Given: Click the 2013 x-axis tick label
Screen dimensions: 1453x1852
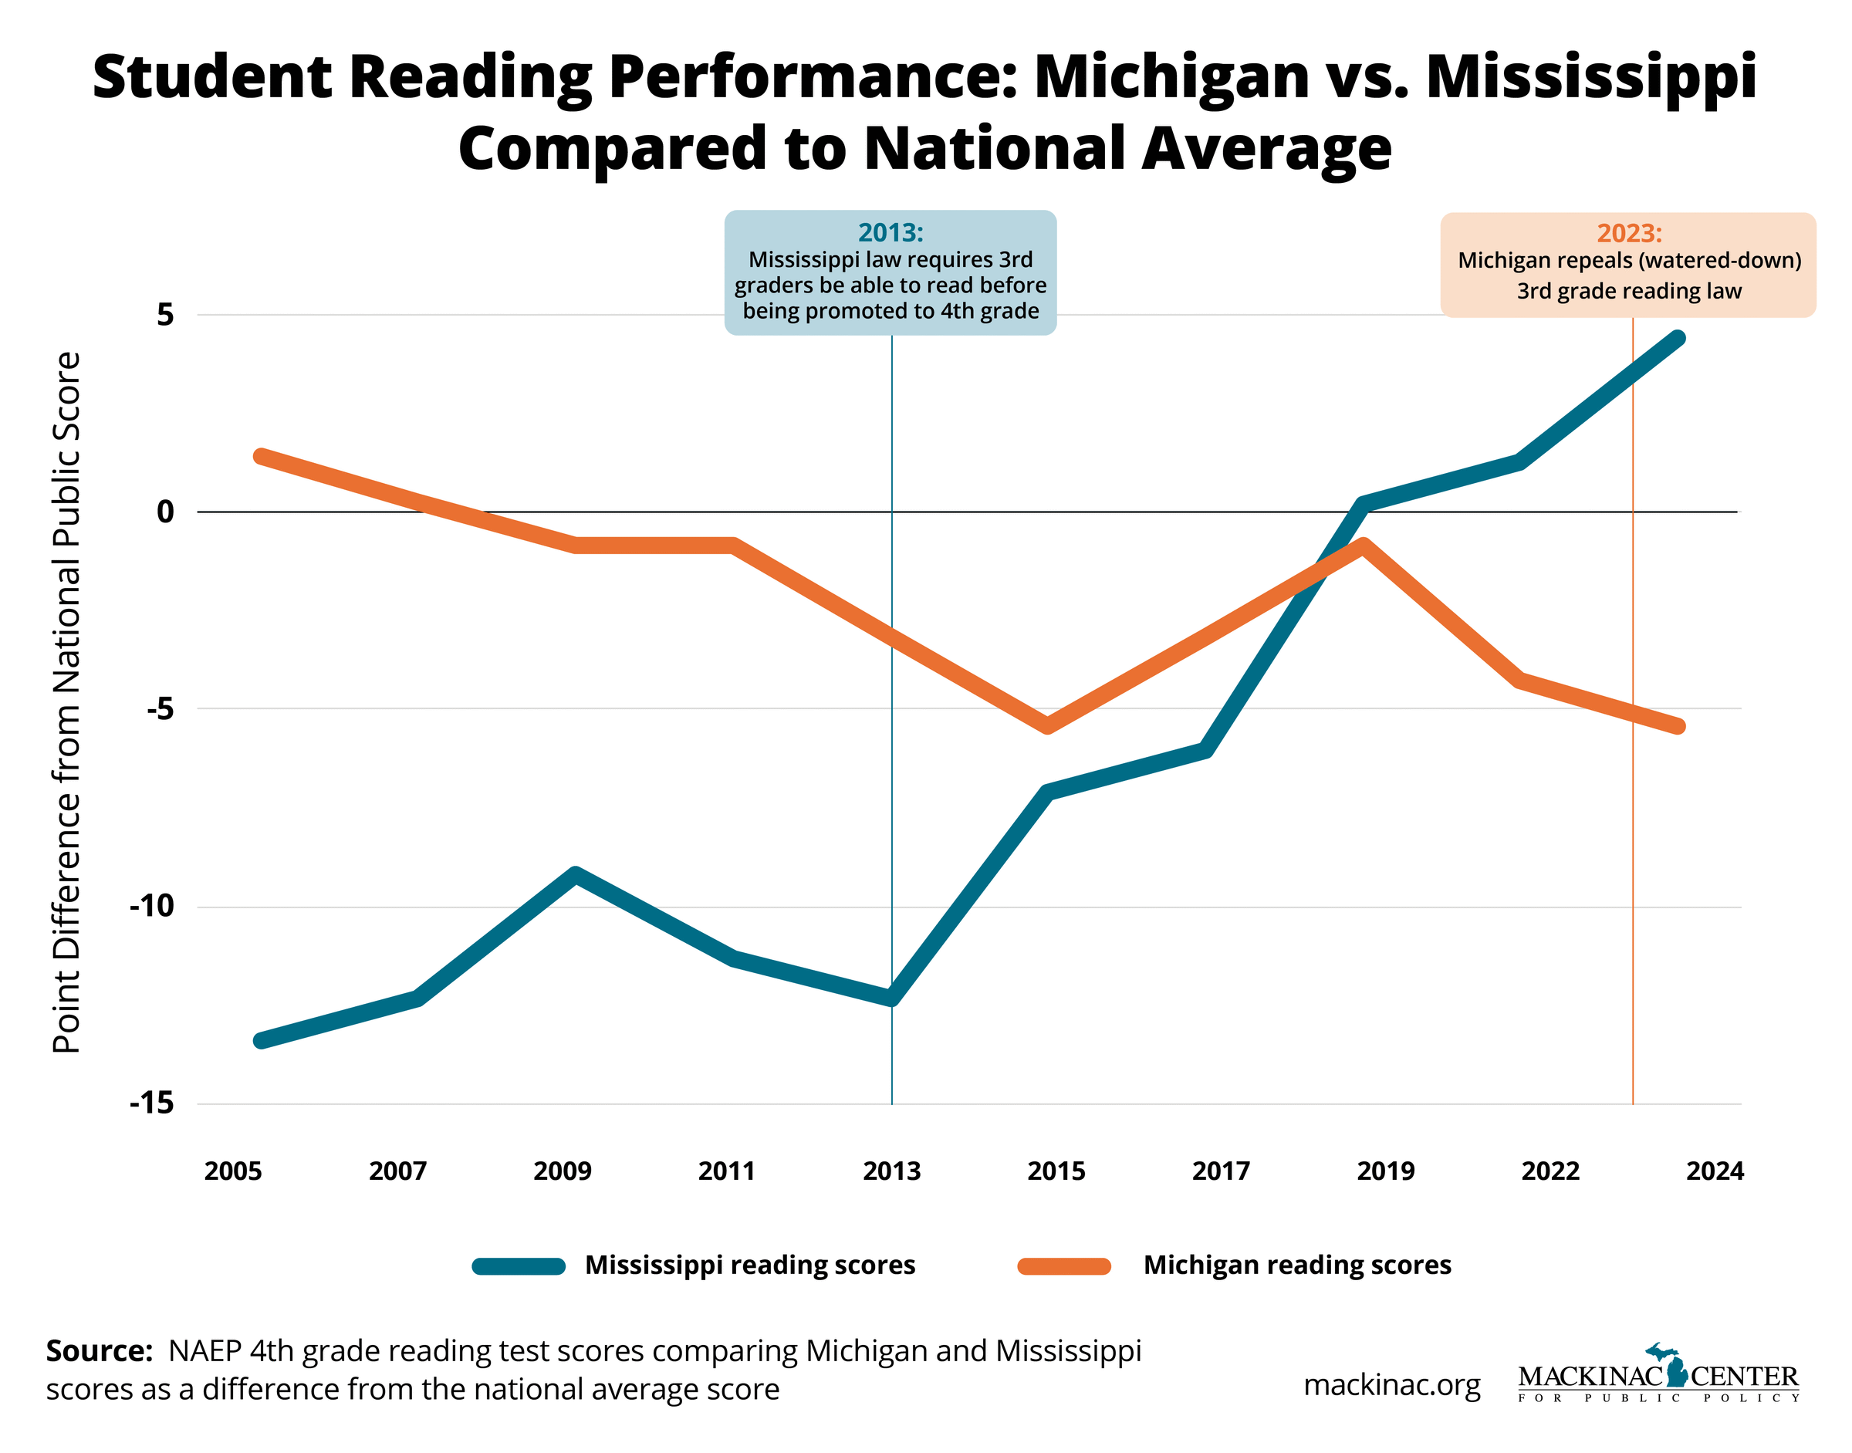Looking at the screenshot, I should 891,1171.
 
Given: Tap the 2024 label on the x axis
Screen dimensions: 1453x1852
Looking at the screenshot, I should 1714,1171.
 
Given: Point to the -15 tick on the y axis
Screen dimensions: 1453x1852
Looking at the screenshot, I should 151,1103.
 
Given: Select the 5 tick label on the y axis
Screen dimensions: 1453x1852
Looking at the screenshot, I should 165,315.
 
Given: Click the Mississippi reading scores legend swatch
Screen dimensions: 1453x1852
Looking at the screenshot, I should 518,1265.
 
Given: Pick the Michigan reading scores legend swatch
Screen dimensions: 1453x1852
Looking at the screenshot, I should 1063,1265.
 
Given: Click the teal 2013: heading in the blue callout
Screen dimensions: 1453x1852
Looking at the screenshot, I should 890,232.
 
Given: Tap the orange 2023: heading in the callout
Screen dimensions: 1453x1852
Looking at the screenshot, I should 1628,233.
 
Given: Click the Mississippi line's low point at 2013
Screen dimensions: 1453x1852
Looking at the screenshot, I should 891,998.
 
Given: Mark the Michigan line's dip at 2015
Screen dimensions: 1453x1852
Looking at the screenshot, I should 1048,725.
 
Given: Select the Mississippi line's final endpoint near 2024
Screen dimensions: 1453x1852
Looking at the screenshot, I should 1678,339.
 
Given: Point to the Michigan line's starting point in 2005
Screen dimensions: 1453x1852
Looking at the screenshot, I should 261,456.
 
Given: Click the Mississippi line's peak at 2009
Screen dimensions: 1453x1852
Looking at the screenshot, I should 576,874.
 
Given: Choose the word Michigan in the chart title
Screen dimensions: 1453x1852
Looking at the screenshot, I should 1171,76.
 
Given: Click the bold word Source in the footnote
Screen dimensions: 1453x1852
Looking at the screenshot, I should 99,1350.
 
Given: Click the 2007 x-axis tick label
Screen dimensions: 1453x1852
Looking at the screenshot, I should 397,1171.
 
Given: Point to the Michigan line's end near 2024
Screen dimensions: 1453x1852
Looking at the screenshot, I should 1678,725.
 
